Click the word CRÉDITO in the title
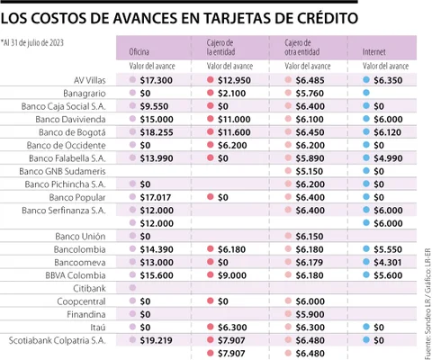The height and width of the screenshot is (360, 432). click(328, 18)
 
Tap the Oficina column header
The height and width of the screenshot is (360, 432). click(139, 52)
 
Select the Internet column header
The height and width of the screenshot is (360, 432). click(373, 52)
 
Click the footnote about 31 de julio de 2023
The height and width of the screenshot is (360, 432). click(32, 43)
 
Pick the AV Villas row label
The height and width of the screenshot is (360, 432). click(90, 80)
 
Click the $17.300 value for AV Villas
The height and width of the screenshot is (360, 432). click(157, 80)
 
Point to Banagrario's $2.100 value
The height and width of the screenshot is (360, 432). click(232, 94)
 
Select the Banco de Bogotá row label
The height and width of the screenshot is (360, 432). click(72, 132)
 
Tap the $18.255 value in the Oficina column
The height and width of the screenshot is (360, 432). click(157, 132)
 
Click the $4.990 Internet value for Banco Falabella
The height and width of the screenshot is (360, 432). click(388, 158)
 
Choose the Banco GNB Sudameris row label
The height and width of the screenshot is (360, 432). click(62, 171)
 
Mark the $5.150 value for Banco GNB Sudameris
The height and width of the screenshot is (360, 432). click(310, 171)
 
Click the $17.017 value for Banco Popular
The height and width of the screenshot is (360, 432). click(156, 197)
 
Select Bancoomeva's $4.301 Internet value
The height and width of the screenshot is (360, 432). click(388, 263)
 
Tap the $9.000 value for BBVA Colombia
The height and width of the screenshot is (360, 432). click(232, 275)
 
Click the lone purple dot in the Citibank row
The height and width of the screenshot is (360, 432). click(132, 288)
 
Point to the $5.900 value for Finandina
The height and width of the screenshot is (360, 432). click(310, 314)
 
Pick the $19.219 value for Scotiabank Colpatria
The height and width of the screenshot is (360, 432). click(156, 340)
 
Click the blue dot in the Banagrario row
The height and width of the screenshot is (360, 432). click(366, 93)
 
